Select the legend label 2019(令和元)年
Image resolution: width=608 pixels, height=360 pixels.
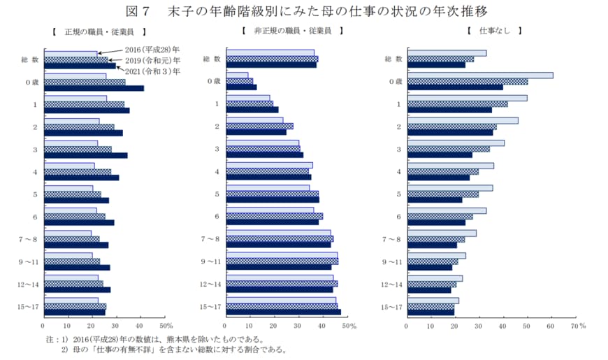[152, 60]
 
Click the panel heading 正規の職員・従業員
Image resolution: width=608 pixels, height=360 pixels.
[99, 32]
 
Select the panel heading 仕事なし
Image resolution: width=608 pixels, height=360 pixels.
[494, 32]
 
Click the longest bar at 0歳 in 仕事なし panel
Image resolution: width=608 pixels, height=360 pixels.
[480, 75]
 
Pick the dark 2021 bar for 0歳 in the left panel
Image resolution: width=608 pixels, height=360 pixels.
[94, 88]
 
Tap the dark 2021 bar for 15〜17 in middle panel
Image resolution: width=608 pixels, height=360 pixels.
[283, 312]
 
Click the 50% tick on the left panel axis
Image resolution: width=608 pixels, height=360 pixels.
[166, 326]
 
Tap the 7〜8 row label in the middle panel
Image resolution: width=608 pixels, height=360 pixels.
[212, 239]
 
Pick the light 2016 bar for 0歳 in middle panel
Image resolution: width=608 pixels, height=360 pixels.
[237, 75]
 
